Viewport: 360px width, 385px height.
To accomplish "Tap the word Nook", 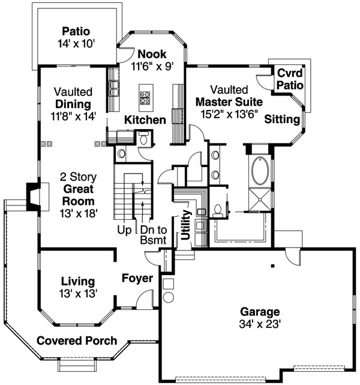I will (x=152, y=54).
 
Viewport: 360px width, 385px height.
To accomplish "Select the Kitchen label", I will (x=145, y=120).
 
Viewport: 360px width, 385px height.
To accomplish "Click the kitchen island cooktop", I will (x=146, y=94).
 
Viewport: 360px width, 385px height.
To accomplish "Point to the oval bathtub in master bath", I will (x=260, y=171).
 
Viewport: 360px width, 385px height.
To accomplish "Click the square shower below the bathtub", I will (x=260, y=201).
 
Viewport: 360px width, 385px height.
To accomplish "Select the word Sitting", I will (x=281, y=118).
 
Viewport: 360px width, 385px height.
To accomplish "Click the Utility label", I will (x=186, y=225).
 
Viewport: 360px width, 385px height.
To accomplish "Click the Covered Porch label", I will (x=77, y=341).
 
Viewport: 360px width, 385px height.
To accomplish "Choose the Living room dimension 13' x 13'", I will (x=78, y=293).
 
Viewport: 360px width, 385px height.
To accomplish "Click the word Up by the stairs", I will (x=125, y=230).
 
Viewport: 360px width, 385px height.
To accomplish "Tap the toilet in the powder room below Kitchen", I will (x=143, y=139).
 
